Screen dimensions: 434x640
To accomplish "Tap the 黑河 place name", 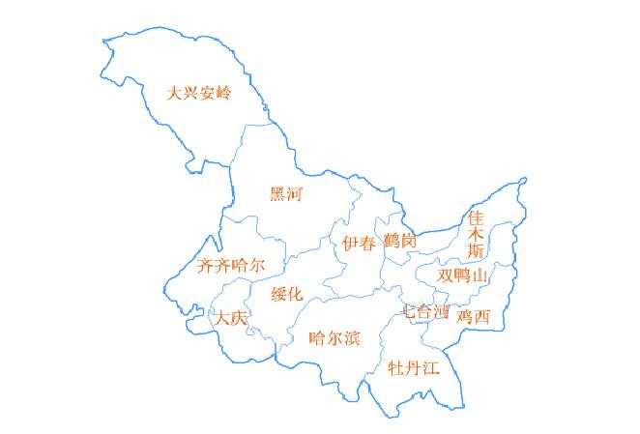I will pos(285,194).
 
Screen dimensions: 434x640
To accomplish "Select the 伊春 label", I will pos(359,244).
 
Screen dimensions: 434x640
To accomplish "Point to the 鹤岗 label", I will pos(399,240).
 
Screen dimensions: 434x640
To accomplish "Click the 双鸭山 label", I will pos(463,275).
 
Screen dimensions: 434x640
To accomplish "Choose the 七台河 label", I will pos(425,312).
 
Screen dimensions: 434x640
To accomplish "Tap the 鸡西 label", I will pos(474,316).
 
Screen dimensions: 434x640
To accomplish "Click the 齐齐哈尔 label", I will pos(229,266).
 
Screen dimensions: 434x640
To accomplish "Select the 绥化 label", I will pos(287,294).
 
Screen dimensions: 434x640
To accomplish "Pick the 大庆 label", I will pos(232,318).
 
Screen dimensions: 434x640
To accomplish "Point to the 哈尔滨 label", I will pos(334,337).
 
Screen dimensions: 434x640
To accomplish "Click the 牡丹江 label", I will pos(413,368).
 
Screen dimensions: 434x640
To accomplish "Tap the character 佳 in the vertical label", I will pos(476,217).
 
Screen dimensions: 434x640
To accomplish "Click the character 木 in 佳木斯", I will pos(476,233).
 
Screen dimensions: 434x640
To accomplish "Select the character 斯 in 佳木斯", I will pos(476,250).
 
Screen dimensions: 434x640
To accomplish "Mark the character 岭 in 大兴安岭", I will pos(223,94).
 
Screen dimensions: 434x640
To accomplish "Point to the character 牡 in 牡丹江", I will pos(395,368).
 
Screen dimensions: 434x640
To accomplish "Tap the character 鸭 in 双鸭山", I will pos(463,275).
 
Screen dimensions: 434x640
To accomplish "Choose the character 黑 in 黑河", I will pos(277,194).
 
